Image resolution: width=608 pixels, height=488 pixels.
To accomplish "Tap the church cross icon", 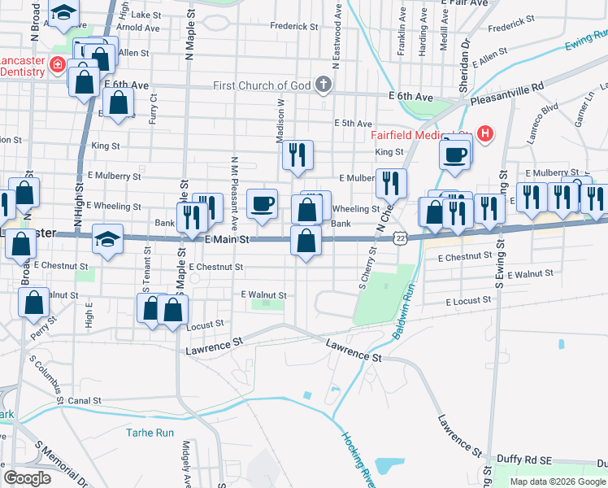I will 323,84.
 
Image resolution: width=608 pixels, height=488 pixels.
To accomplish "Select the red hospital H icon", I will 485,133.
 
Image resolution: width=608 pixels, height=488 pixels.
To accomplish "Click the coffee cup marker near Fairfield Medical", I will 455,154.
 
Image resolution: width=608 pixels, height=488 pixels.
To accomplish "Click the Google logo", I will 27,477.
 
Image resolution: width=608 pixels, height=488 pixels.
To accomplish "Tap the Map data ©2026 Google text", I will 557,481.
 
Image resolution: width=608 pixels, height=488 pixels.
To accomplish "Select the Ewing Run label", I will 586,40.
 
